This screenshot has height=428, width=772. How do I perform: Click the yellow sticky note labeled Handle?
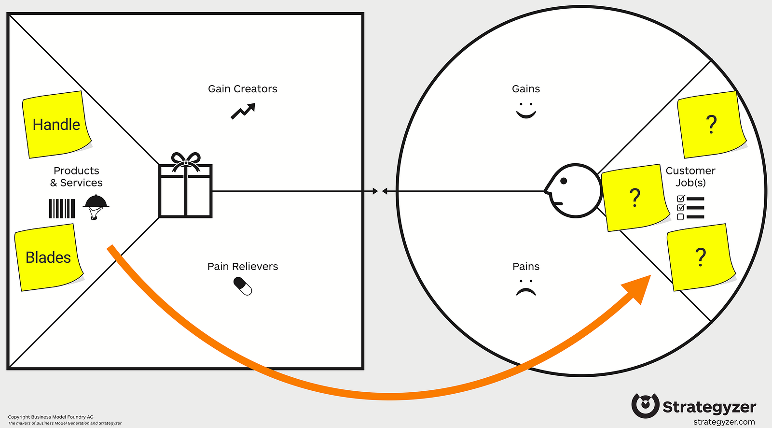pos(56,124)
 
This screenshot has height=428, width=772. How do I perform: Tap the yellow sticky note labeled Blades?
pos(48,257)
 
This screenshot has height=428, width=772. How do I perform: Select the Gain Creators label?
pos(242,89)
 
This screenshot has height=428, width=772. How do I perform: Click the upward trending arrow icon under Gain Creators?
pos(243,111)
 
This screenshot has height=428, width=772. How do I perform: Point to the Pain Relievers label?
pos(242,267)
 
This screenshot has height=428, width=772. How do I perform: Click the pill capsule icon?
pos(243,286)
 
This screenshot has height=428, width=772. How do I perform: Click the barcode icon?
pos(62,209)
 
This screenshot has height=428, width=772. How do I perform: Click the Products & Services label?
pos(76,177)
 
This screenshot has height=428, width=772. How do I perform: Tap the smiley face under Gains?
pos(526,110)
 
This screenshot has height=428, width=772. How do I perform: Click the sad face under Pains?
pos(526,288)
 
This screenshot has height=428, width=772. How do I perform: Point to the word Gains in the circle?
pos(526,89)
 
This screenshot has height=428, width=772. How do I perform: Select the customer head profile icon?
pos(573,191)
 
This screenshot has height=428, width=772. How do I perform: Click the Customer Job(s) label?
pos(690,177)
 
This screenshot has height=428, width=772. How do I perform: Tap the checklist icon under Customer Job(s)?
pos(690,208)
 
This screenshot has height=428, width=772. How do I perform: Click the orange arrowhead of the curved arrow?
pos(638,287)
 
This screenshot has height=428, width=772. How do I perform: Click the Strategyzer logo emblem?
pos(645,405)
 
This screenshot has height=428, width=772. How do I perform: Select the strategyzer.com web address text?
pos(724,422)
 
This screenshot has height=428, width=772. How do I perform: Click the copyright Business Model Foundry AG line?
pos(51,417)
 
